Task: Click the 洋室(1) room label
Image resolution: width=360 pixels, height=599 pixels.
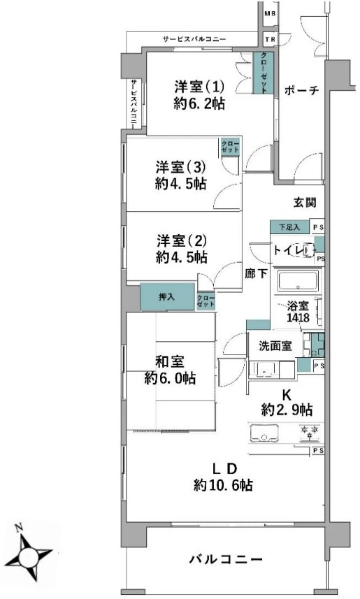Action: point(199,88)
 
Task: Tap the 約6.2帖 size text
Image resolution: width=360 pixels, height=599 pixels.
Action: point(199,104)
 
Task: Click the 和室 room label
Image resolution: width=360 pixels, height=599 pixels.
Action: point(169,362)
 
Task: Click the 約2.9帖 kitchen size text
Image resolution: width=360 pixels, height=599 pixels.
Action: point(287,409)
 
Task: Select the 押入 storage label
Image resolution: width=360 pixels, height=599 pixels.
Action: point(167,297)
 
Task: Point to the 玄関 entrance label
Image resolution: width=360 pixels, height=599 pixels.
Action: point(305,203)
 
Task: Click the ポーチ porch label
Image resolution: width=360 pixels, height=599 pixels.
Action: point(301,89)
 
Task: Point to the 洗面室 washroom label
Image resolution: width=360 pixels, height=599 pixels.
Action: point(275,345)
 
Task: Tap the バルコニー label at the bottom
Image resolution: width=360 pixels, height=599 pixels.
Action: point(226,560)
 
